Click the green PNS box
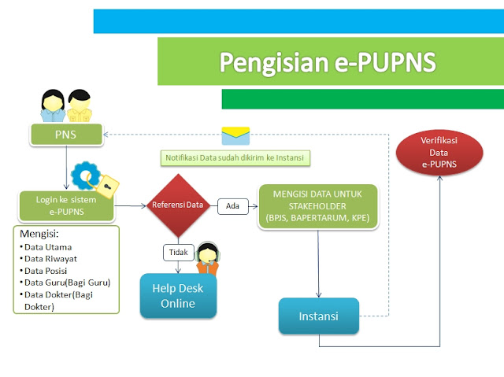(66, 135)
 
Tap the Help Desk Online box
(178, 296)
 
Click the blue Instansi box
(318, 316)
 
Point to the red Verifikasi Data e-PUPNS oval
(438, 151)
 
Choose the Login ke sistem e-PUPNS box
(66, 206)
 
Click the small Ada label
(232, 206)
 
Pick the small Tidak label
(178, 253)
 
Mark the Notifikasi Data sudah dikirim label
(235, 157)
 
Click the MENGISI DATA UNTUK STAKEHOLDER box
(319, 206)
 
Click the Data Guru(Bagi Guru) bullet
(66, 282)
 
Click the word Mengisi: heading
(39, 234)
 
